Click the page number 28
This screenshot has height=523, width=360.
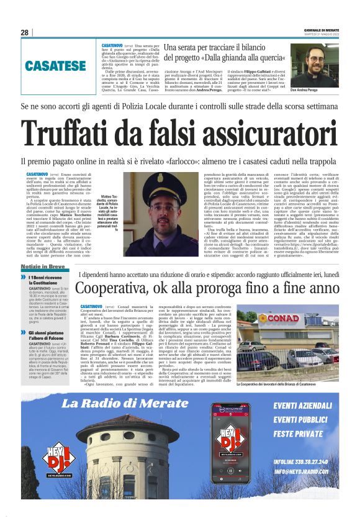pos(24,32)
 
